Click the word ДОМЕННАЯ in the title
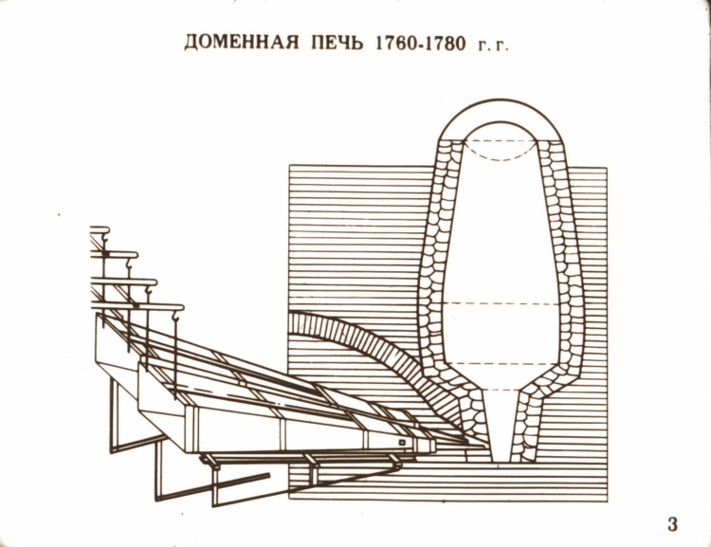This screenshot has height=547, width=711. pos(242,43)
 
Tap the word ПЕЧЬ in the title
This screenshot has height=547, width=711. pos(337,43)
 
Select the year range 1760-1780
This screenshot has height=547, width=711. pos(420,43)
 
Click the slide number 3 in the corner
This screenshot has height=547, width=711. pos(672,524)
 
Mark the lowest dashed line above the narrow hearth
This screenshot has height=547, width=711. pos(501,390)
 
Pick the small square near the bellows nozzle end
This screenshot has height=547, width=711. pos(402,442)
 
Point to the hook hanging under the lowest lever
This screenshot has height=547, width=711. pos(176,317)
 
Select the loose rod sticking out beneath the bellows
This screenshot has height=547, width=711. pos(241,482)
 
